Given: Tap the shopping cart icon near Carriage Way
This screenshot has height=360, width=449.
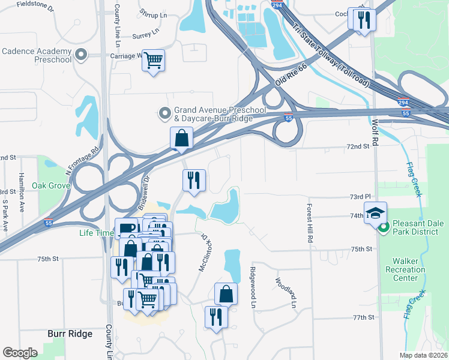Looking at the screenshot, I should pyautogui.click(x=154, y=60).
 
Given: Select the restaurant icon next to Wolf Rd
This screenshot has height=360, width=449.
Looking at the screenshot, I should pyautogui.click(x=363, y=20).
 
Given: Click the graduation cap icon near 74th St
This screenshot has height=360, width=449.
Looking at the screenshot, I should pyautogui.click(x=375, y=213).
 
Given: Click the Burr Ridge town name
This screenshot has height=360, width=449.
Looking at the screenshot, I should pyautogui.click(x=70, y=334).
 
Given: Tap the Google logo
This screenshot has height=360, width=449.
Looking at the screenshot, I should pyautogui.click(x=20, y=352).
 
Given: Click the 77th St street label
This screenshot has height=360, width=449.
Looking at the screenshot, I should pyautogui.click(x=363, y=317).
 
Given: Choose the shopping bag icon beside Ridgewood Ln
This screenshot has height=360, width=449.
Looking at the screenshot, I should pyautogui.click(x=225, y=294).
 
